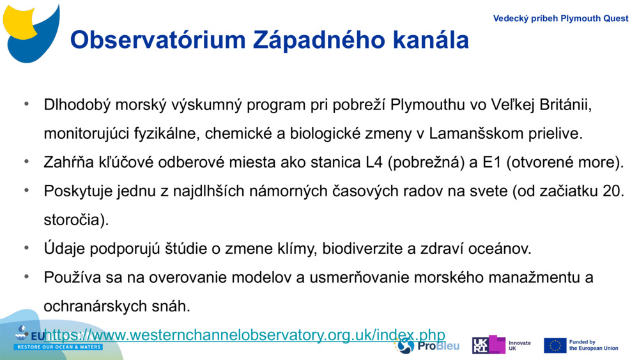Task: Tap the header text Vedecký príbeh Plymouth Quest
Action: coord(560,19)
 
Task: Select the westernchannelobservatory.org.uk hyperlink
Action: coord(245,334)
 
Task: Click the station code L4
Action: coord(374,162)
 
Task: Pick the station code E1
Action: coord(491,162)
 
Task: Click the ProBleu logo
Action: coord(419,346)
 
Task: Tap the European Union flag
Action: coord(555,345)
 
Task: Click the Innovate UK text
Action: coord(519,346)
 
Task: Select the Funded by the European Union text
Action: coord(594,345)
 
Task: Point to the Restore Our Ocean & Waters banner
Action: coord(59,347)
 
